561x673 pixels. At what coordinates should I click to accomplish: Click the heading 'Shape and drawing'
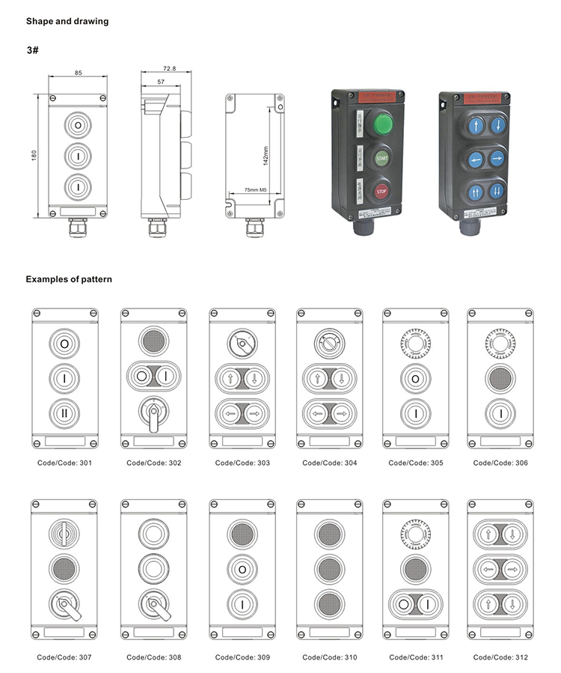[67, 21]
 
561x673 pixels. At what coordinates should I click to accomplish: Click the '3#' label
[33, 51]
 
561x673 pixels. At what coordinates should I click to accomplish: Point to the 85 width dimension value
[79, 73]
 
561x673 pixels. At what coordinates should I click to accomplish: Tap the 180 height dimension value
[34, 153]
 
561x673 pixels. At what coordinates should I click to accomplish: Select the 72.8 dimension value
[168, 68]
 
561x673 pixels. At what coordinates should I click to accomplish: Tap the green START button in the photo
[381, 159]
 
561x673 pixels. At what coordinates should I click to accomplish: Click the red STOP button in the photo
[381, 191]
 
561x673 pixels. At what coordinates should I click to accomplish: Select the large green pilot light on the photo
[383, 123]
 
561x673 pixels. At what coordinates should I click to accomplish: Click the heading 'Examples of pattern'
[69, 279]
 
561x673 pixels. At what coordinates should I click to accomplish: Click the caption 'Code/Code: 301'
[65, 463]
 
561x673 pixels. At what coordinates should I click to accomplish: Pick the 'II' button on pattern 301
[65, 412]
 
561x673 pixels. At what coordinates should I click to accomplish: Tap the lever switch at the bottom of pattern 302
[153, 413]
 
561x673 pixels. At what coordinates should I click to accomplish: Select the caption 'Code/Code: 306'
[500, 463]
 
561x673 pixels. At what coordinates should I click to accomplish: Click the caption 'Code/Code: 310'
[329, 657]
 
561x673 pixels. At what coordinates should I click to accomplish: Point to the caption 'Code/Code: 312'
[500, 657]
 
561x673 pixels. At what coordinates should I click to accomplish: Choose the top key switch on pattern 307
[64, 533]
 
